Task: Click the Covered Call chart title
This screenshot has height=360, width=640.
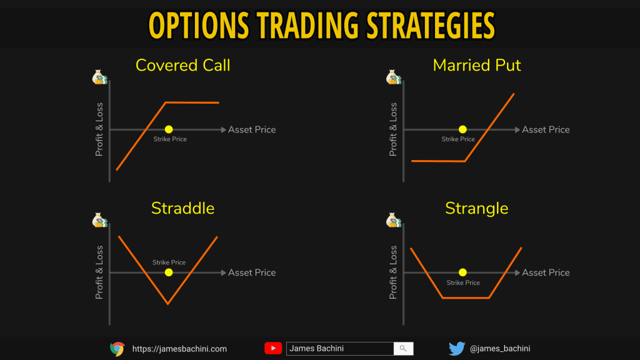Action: [x=183, y=65]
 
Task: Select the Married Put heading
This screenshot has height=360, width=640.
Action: [x=477, y=65]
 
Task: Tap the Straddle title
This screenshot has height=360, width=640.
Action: [x=183, y=208]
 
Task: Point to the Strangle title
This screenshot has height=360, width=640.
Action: [x=477, y=209]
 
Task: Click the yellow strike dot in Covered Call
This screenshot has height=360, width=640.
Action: [x=169, y=129]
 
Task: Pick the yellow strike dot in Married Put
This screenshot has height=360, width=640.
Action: [x=462, y=129]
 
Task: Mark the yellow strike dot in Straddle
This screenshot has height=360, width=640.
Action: [x=169, y=272]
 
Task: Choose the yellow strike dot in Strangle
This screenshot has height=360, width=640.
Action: [x=462, y=272]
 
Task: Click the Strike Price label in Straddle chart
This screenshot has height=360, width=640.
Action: [x=169, y=262]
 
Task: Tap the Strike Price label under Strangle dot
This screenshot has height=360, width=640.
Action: [x=463, y=282]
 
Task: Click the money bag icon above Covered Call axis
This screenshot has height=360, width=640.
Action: [x=100, y=77]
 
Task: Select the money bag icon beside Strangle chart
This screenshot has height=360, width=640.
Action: [x=394, y=220]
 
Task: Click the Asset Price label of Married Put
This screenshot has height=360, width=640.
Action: [x=546, y=129]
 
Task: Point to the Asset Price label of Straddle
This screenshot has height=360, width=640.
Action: [x=252, y=272]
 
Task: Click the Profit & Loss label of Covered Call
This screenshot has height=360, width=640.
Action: [x=99, y=129]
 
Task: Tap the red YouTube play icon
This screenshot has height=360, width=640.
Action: [x=273, y=348]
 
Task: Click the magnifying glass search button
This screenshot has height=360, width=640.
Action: [x=403, y=348]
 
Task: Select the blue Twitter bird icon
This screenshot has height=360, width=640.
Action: [x=457, y=348]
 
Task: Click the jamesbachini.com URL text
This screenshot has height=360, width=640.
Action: [x=179, y=349]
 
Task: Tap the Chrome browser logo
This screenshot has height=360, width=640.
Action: [x=117, y=349]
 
